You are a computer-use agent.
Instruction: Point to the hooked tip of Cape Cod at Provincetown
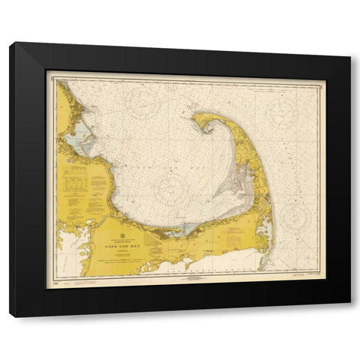(x=197, y=120)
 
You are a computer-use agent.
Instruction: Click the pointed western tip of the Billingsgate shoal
(x=213, y=196)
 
